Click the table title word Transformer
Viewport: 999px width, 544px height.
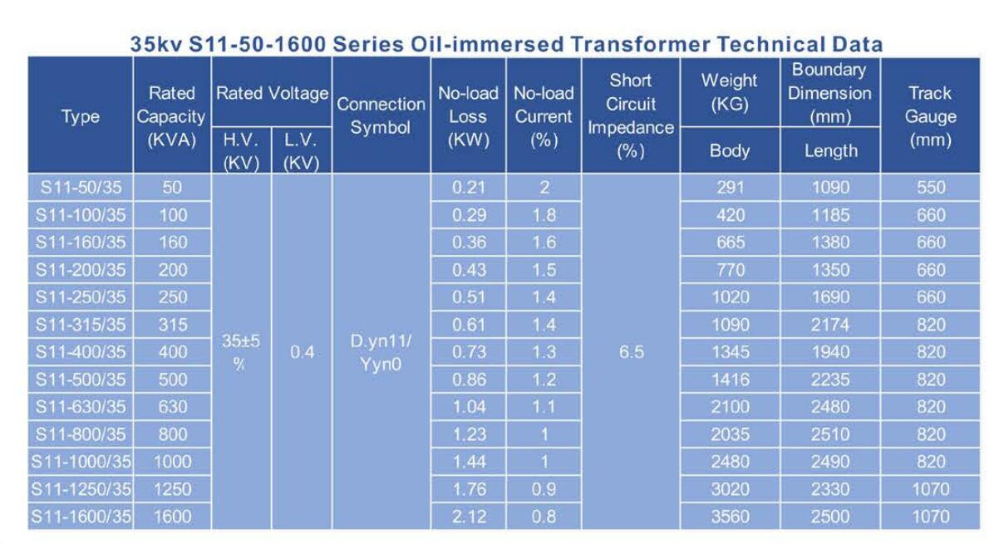pos(640,44)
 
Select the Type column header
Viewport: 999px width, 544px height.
pos(81,117)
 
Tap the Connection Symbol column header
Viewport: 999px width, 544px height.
pos(381,115)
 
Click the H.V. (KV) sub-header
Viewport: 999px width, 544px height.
pos(241,151)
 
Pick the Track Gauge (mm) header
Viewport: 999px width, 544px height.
pos(930,116)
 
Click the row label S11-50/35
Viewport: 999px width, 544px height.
pos(81,187)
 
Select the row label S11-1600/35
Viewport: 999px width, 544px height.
pos(81,517)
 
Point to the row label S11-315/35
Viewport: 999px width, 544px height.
pos(81,325)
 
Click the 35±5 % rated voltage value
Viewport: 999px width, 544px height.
pos(240,352)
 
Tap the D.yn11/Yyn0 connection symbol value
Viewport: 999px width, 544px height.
pos(381,352)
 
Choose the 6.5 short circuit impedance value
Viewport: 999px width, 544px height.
pos(631,352)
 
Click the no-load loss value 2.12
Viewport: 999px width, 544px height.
pos(469,517)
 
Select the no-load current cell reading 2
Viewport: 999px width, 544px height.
pos(544,187)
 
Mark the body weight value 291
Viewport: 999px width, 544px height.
pos(730,187)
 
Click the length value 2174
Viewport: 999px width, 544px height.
pos(830,325)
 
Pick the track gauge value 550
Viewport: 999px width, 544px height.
pos(931,187)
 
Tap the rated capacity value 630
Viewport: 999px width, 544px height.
pos(173,407)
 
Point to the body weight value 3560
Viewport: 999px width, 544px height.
pos(730,517)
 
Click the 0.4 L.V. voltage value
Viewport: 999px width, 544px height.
pos(302,352)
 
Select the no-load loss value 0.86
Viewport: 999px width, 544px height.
pos(469,380)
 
